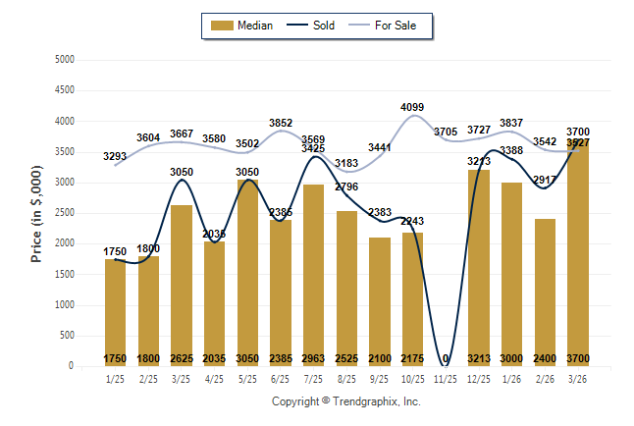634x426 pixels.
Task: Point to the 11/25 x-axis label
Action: pyautogui.click(x=447, y=377)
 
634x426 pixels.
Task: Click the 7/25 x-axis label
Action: pyautogui.click(x=314, y=377)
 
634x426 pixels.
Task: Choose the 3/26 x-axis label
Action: pyautogui.click(x=579, y=377)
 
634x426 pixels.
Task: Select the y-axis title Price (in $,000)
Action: pyautogui.click(x=36, y=212)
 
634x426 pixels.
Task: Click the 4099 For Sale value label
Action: pyautogui.click(x=413, y=108)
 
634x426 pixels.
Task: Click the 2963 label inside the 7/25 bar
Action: pyautogui.click(x=314, y=358)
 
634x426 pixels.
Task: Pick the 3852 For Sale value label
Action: pyautogui.click(x=281, y=123)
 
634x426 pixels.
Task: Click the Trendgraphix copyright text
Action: pyautogui.click(x=345, y=401)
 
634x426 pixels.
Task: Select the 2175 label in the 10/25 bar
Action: pyautogui.click(x=413, y=358)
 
